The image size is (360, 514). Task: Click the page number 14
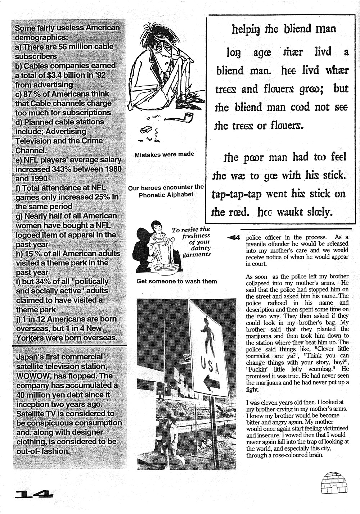coord(34,495)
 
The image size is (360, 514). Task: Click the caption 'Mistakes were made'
coord(164,155)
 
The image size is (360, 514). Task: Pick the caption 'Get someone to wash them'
coord(176,281)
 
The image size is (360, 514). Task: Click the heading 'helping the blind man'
coord(284,28)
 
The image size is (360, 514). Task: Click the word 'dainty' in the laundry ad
coord(201,248)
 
